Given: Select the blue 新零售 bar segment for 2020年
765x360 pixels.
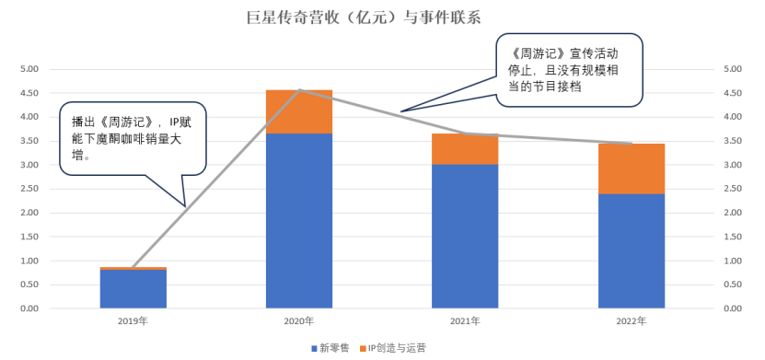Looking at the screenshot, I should [298, 221].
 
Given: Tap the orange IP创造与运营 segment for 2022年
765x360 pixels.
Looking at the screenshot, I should [631, 168].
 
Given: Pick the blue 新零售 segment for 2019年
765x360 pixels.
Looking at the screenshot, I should [133, 289].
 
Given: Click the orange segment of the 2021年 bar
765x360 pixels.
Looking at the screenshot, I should [465, 149].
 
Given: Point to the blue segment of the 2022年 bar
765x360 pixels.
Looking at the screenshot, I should [631, 250].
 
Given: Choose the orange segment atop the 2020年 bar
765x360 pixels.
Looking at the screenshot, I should [298, 111].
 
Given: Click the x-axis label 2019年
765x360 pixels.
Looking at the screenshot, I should [133, 321].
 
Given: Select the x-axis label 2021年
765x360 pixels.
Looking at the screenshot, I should [465, 321].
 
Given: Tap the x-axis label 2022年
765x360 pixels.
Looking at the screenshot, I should [631, 321].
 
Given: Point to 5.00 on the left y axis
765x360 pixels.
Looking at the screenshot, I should [29, 69].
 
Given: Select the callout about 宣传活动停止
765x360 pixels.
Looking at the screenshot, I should [569, 69].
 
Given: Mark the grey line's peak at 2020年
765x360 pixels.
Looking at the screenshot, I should [299, 90].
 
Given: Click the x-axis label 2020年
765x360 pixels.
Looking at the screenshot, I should [298, 321].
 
